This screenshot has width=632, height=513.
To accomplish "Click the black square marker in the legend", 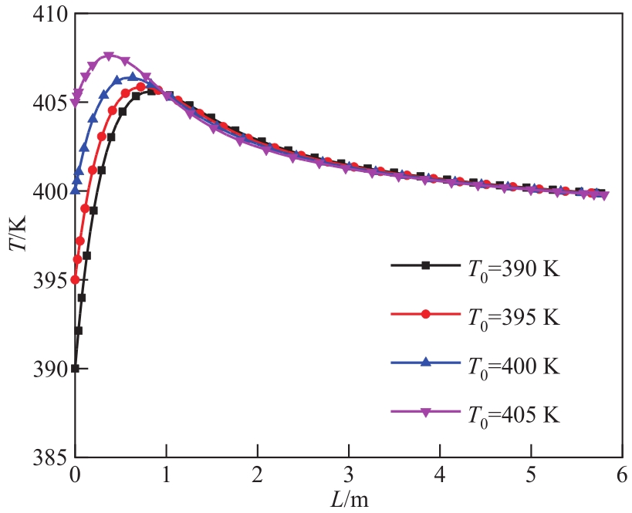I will coord(424,266).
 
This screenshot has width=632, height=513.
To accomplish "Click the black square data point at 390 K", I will coord(75,368).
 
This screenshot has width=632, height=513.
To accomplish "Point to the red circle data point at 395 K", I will coord(75,279).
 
